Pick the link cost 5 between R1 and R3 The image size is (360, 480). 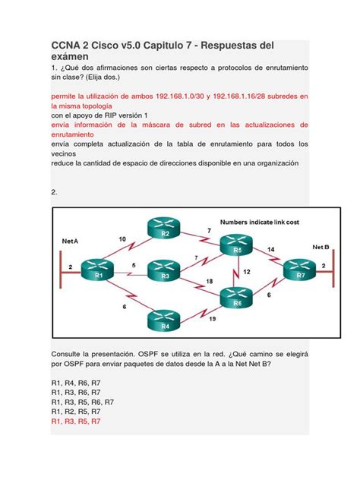(134, 264)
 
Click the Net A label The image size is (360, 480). (70, 240)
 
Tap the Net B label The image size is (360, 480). (321, 247)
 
